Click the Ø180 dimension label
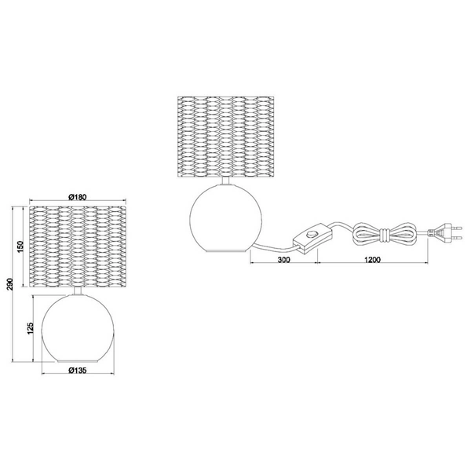click(x=77, y=197)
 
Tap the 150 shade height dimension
click(x=20, y=246)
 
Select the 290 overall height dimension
click(x=10, y=284)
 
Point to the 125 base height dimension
click(x=30, y=328)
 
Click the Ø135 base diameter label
click(x=77, y=370)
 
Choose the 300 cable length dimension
click(x=283, y=260)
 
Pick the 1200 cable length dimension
click(x=372, y=260)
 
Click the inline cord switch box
click(x=312, y=236)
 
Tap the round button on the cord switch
click(x=312, y=233)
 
